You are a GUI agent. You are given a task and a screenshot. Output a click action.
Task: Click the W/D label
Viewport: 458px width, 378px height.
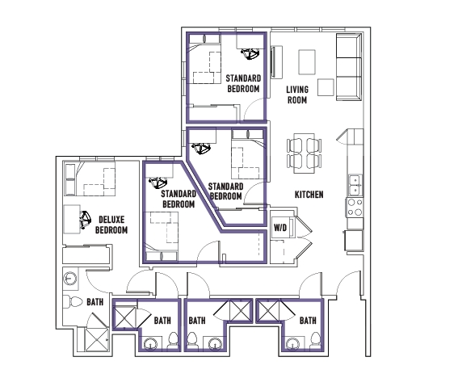coord(280,227)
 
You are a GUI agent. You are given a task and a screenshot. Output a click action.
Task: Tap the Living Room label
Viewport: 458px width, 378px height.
coord(297,94)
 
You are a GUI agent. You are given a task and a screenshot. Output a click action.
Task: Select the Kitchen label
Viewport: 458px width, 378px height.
coord(309,195)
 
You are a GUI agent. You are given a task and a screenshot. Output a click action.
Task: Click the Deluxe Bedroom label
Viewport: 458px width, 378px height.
coord(111,225)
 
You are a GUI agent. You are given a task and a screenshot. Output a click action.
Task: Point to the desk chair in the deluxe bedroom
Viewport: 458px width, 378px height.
coord(86,219)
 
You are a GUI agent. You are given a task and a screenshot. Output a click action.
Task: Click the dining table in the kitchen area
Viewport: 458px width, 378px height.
coord(304,153)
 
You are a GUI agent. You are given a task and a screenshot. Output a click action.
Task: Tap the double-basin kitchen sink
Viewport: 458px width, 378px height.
coord(355,185)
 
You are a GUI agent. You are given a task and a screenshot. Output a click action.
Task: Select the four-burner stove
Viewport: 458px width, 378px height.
coord(355,207)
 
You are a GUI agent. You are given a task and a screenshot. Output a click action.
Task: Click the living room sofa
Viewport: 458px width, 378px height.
coord(349,67)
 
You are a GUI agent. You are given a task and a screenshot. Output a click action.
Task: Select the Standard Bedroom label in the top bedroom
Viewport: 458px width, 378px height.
coord(243,83)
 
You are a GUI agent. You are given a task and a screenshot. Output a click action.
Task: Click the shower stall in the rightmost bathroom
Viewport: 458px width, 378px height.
coord(269,310)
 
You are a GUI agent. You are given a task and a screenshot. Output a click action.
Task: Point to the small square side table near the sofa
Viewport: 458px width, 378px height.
coord(326,87)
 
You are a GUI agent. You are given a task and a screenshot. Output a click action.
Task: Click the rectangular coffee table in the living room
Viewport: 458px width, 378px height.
coord(307,62)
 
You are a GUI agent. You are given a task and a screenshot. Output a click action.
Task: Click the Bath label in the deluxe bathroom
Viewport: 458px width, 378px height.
coord(95,302)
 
